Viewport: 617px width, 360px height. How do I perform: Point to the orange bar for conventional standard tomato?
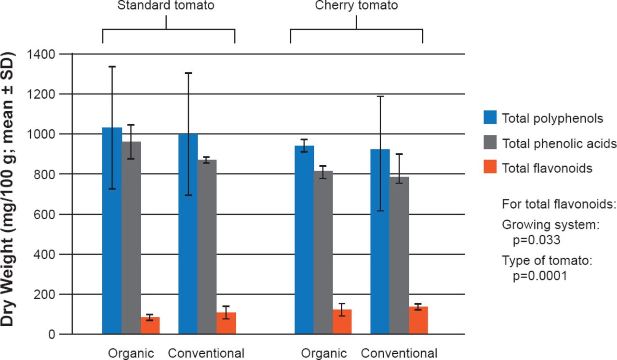click(x=226, y=323)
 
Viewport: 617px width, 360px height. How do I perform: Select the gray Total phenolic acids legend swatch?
click(x=490, y=143)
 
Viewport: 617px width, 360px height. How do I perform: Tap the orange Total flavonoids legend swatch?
click(x=490, y=168)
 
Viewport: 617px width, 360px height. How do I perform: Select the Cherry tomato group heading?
click(x=356, y=6)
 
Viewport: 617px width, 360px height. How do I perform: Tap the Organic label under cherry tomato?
click(x=324, y=353)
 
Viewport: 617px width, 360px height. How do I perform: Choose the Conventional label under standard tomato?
click(x=206, y=353)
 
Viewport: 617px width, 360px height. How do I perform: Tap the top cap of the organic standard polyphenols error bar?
click(x=112, y=67)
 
